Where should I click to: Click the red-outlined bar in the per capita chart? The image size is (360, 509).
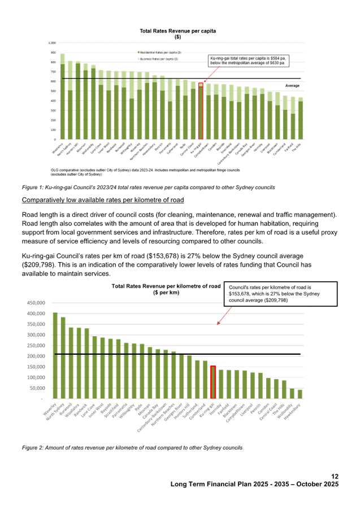200,111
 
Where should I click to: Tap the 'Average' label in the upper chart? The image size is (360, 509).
292,85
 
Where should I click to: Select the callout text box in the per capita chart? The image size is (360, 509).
246,60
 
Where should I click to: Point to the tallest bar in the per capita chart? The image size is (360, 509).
62,96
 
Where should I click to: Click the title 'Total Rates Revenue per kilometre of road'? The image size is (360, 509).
166,286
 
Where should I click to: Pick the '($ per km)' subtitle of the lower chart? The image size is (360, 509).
166,293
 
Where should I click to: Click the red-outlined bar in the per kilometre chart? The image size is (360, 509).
213,382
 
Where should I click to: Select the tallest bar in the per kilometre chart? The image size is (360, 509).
55,355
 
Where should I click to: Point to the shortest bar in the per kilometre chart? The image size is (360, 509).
300,394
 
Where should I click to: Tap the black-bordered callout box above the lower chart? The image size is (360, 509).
281,294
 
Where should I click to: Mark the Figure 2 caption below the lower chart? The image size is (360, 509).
132,447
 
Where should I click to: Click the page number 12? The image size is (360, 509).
335,477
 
